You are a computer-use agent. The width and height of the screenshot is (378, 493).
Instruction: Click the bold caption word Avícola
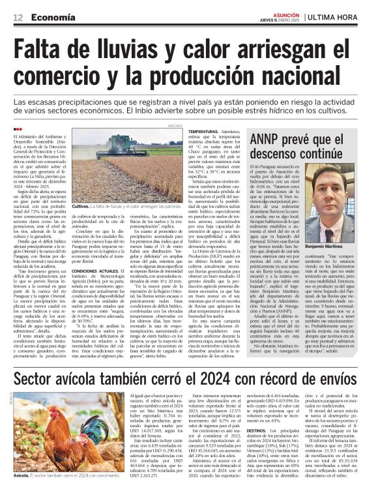[23, 475]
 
